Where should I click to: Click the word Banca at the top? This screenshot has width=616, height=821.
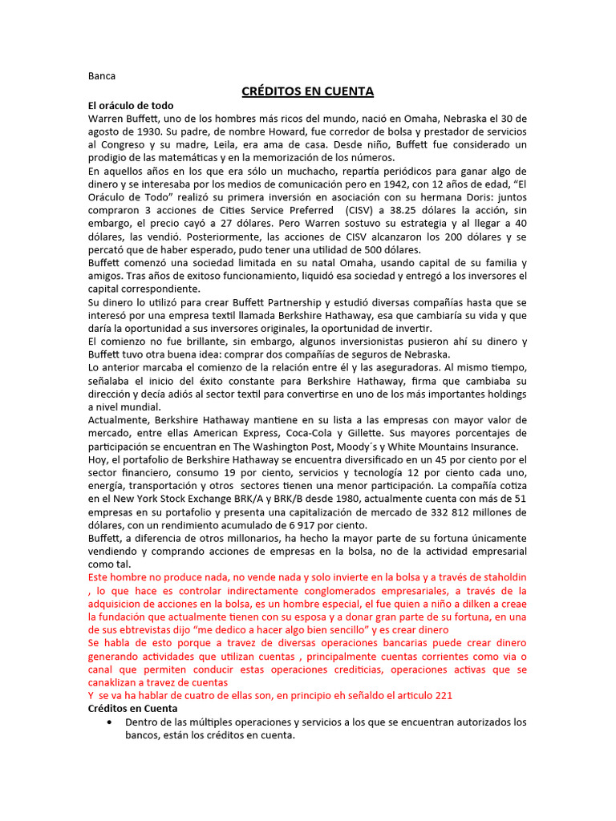tap(102, 76)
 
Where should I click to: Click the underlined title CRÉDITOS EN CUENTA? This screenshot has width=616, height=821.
tap(308, 91)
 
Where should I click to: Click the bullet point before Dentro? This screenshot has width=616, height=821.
tap(109, 722)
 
